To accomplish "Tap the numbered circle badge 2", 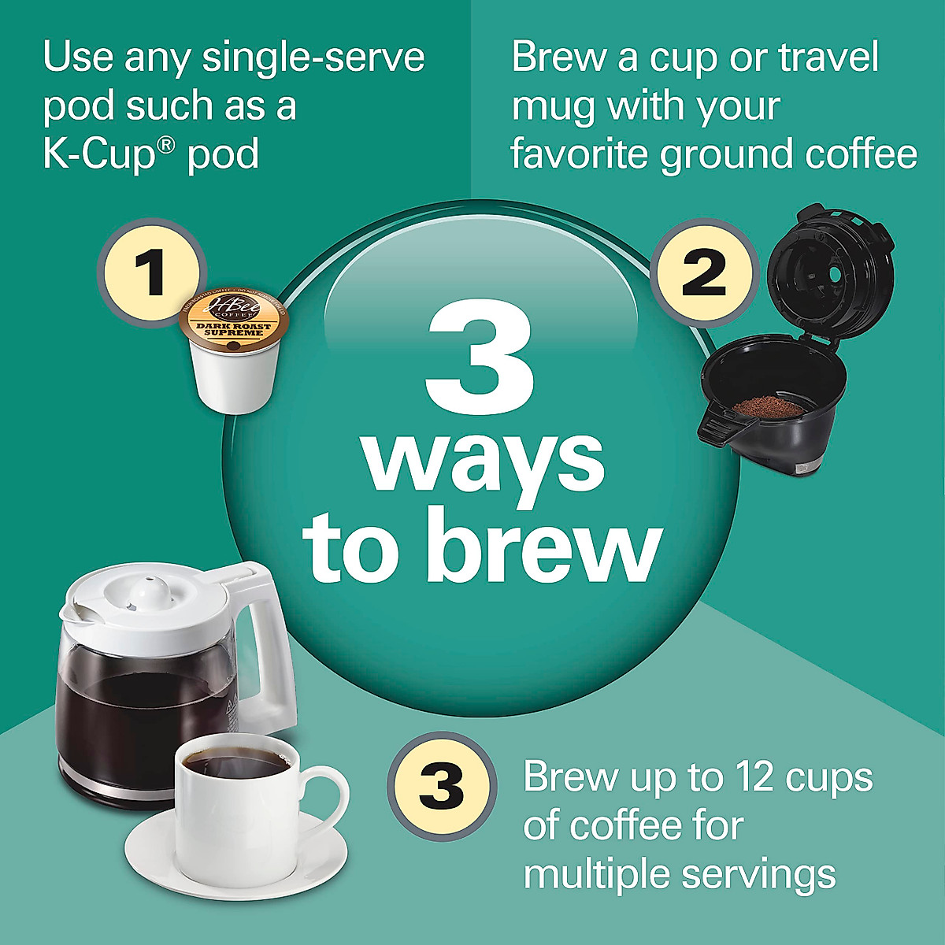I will click(704, 272).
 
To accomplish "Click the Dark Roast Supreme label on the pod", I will click(234, 330).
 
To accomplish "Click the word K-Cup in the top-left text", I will click(98, 153).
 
